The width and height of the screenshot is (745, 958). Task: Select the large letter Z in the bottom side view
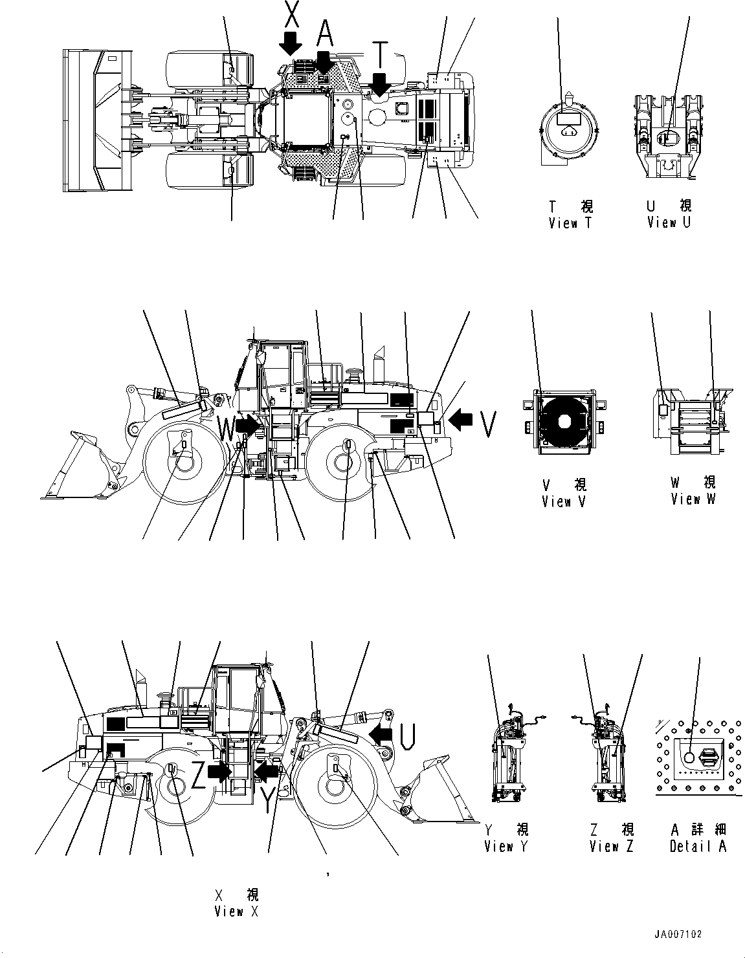(197, 776)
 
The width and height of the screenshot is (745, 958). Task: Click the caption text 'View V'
(564, 501)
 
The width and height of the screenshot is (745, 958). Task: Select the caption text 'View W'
(693, 499)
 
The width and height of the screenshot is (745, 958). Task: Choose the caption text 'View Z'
(612, 846)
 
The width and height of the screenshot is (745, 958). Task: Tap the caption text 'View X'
(237, 911)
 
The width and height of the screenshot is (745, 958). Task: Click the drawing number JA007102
(678, 935)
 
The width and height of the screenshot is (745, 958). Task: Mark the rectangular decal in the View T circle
(568, 118)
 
